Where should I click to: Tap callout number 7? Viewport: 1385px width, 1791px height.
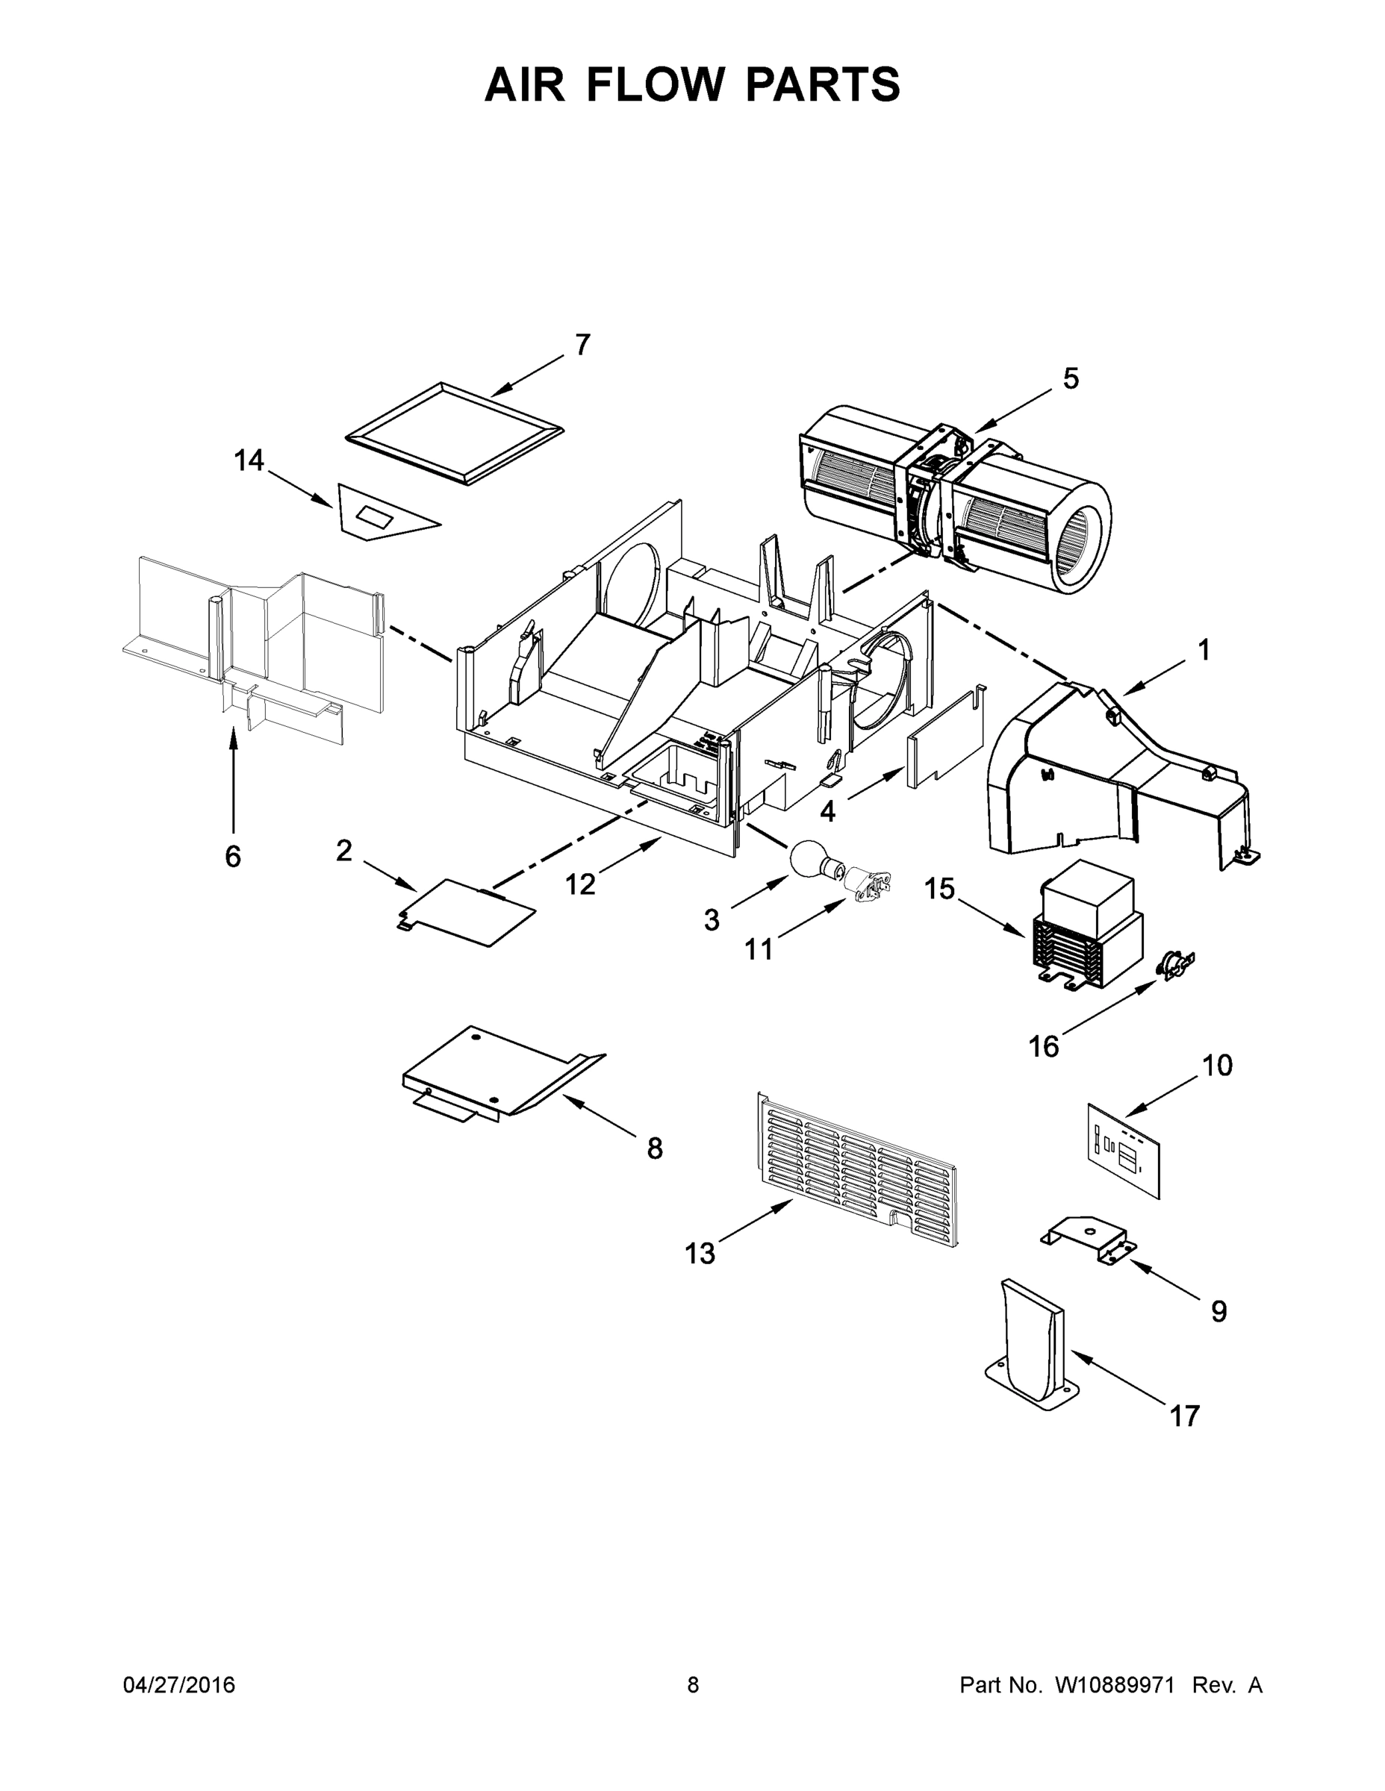[x=582, y=346]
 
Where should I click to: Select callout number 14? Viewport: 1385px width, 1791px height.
[x=249, y=461]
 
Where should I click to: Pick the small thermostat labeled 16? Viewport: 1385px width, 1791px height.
[x=1175, y=963]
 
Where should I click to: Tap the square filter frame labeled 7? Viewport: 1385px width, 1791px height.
[x=455, y=433]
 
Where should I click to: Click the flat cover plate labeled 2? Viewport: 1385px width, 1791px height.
[x=467, y=913]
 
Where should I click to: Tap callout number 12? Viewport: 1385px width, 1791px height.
[x=580, y=884]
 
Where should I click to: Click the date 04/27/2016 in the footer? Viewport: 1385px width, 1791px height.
[x=179, y=1684]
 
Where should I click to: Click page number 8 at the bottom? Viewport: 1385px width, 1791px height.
[x=694, y=1684]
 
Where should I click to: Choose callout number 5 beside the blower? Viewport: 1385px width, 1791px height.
[x=1071, y=379]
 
